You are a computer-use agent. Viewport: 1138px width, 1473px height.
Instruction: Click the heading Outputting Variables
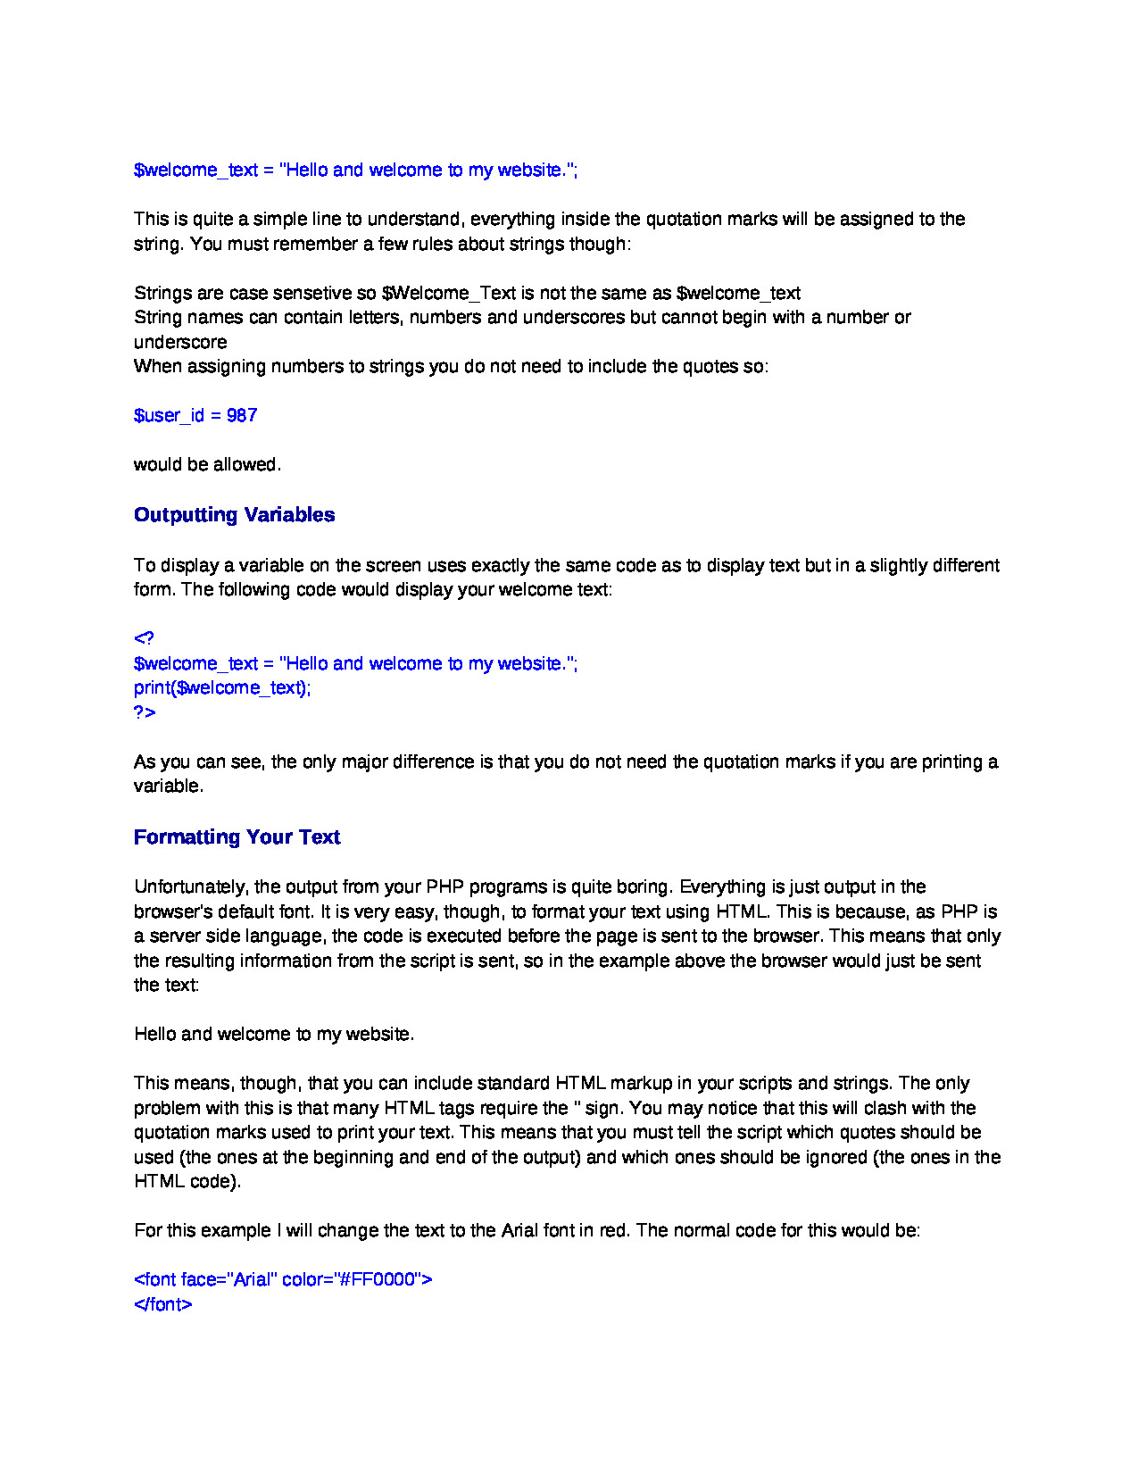(x=234, y=515)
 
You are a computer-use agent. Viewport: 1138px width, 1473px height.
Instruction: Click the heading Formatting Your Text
(x=237, y=837)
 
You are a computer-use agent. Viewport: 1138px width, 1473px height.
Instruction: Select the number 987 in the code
(x=242, y=416)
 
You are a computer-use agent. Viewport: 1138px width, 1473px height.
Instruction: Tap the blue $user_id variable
(x=169, y=416)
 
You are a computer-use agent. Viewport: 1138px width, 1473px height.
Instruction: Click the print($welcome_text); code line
(x=222, y=688)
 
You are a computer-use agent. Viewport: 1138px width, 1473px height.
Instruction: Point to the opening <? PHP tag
(x=144, y=638)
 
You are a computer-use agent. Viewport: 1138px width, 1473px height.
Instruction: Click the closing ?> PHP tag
(x=145, y=712)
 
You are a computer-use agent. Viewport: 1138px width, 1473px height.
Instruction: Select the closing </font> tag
(x=162, y=1304)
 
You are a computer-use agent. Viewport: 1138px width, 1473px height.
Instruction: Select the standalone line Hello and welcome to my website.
(x=274, y=1035)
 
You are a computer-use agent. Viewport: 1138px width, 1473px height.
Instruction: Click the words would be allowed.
(x=207, y=465)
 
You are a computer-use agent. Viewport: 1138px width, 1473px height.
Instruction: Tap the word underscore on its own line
(x=180, y=343)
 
